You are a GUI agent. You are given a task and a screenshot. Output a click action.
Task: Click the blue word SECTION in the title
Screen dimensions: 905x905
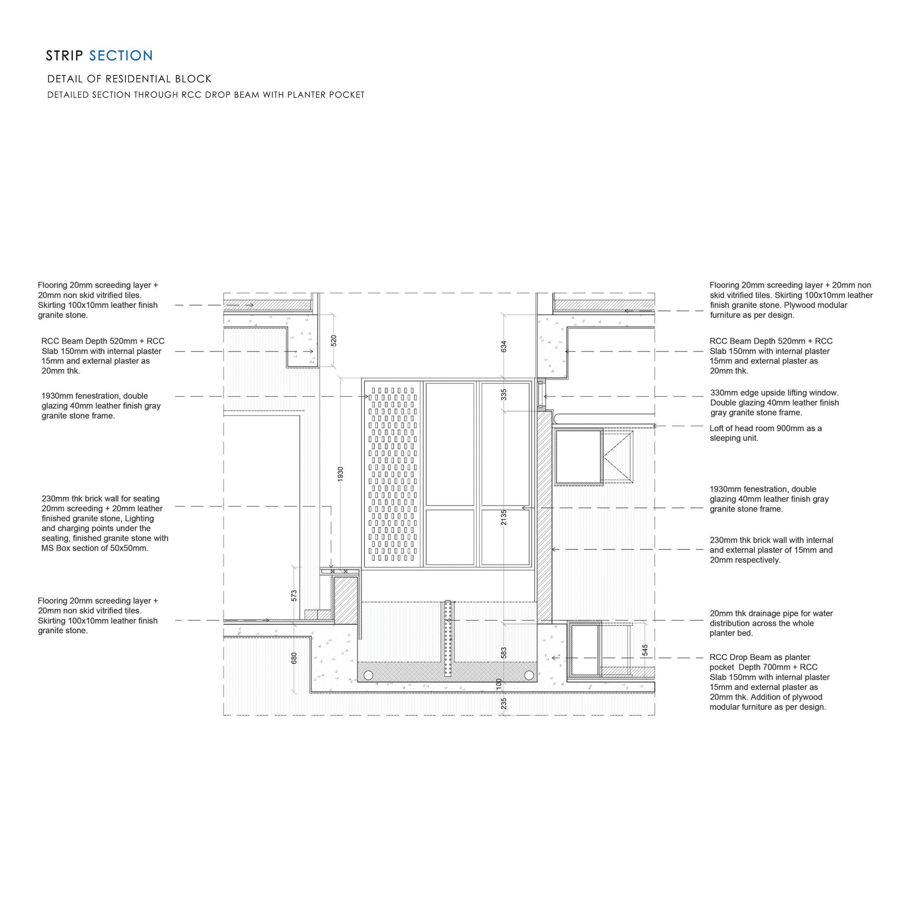pyautogui.click(x=121, y=56)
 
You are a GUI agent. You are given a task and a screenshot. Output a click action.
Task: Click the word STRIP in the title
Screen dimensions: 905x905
pyautogui.click(x=65, y=56)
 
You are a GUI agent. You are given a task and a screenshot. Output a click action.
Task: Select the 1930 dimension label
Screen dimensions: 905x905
pyautogui.click(x=340, y=473)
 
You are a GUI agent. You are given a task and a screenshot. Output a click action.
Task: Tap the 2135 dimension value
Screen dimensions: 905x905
pyautogui.click(x=504, y=517)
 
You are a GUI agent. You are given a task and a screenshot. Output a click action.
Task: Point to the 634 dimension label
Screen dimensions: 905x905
pyautogui.click(x=504, y=346)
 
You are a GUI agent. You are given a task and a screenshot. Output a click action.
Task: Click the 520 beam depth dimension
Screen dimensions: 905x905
pyautogui.click(x=334, y=341)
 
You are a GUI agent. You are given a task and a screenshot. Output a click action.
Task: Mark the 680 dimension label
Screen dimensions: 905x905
pyautogui.click(x=294, y=658)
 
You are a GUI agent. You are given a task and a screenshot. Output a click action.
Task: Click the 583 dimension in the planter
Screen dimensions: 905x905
pyautogui.click(x=504, y=652)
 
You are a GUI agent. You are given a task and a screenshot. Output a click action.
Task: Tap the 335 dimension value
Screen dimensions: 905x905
pyautogui.click(x=504, y=395)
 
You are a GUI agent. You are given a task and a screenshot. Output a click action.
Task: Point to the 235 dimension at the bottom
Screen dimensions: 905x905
pyautogui.click(x=504, y=703)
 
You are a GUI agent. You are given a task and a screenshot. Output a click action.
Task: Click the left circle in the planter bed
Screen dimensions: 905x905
pyautogui.click(x=368, y=675)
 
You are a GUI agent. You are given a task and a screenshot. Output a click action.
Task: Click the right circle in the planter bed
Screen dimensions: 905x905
pyautogui.click(x=529, y=675)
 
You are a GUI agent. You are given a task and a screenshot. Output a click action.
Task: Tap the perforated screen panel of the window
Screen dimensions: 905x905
pyautogui.click(x=393, y=473)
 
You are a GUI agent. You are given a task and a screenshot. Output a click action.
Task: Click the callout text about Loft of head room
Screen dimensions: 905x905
pyautogui.click(x=765, y=433)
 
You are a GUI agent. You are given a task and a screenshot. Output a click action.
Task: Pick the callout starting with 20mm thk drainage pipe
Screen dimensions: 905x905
pyautogui.click(x=771, y=623)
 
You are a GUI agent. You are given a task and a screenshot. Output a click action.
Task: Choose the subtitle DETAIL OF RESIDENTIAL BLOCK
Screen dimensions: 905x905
pyautogui.click(x=129, y=79)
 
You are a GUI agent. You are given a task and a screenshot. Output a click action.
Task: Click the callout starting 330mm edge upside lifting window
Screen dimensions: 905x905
pyautogui.click(x=774, y=403)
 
